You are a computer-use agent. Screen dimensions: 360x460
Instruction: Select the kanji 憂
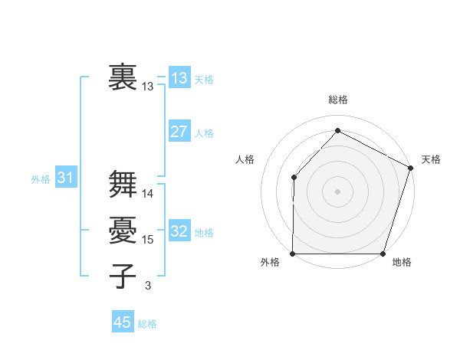123,230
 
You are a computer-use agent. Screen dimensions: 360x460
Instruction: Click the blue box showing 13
179,78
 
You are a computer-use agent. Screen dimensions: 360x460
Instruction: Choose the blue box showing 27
179,132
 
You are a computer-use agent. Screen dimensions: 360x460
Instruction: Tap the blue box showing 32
179,231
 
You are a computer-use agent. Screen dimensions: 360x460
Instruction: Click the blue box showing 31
65,178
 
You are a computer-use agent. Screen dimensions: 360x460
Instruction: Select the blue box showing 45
123,322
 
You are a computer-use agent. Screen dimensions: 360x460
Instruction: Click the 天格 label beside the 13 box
204,80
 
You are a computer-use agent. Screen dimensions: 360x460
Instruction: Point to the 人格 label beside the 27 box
204,133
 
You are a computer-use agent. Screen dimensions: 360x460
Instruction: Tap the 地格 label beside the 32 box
204,233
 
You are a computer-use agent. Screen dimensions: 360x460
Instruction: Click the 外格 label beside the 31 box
41,180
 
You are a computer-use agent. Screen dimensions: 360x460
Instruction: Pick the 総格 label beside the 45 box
147,324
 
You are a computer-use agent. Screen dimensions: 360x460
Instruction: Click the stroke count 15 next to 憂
148,240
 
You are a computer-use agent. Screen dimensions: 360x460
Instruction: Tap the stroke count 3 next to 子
147,286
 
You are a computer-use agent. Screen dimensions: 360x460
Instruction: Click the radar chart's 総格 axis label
338,100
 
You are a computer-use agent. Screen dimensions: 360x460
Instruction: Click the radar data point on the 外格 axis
293,254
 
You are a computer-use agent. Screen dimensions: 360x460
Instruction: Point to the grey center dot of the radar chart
337,191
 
